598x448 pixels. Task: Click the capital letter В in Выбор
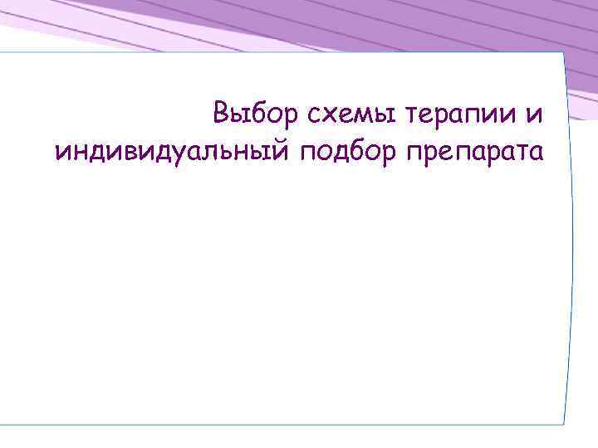pyautogui.click(x=220, y=112)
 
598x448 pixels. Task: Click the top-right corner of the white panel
pyautogui.click(x=562, y=53)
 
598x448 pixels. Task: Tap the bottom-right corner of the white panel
pyautogui.click(x=564, y=426)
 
